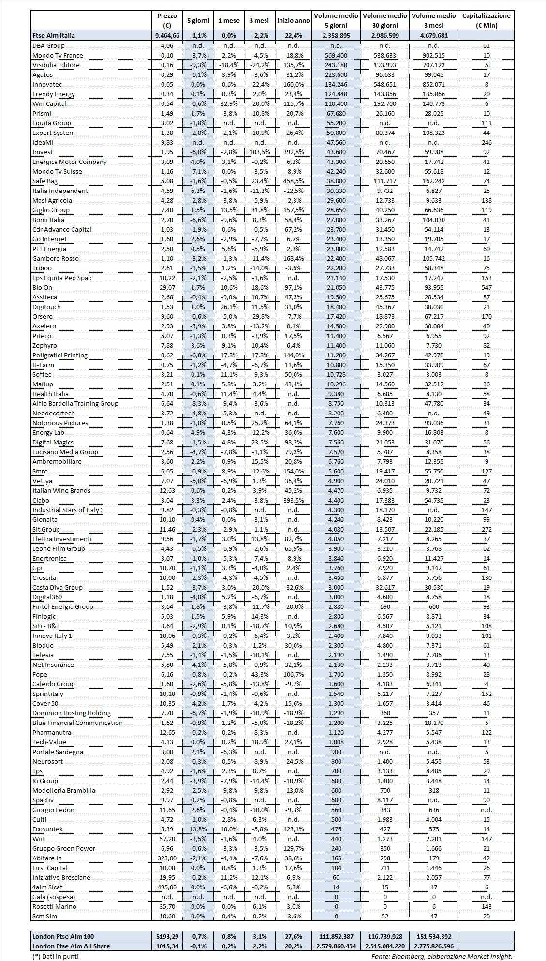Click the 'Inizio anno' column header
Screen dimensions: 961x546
click(x=293, y=21)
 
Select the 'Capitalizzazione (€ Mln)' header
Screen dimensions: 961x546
click(x=486, y=21)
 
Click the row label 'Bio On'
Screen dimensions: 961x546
click(x=42, y=287)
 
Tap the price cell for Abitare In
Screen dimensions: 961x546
click(x=167, y=858)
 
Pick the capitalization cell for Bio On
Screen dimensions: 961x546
click(x=486, y=287)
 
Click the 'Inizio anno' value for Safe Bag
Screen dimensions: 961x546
click(x=293, y=181)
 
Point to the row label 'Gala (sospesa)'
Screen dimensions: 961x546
click(x=54, y=897)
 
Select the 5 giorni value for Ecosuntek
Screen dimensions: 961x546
click(x=198, y=829)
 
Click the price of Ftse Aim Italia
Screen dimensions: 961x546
click(x=167, y=35)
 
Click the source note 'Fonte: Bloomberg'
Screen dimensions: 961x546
click(x=442, y=956)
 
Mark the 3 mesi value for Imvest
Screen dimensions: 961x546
click(x=260, y=152)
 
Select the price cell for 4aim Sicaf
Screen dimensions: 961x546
click(x=167, y=887)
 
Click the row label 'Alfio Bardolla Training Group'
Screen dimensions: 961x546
click(x=75, y=403)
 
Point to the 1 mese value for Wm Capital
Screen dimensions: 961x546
click(x=229, y=103)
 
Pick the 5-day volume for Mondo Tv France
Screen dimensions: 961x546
click(x=336, y=55)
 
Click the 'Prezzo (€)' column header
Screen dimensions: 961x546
click(x=167, y=21)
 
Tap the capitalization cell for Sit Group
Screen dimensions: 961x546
click(x=486, y=529)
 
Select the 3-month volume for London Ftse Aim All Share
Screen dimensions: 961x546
click(x=433, y=946)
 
